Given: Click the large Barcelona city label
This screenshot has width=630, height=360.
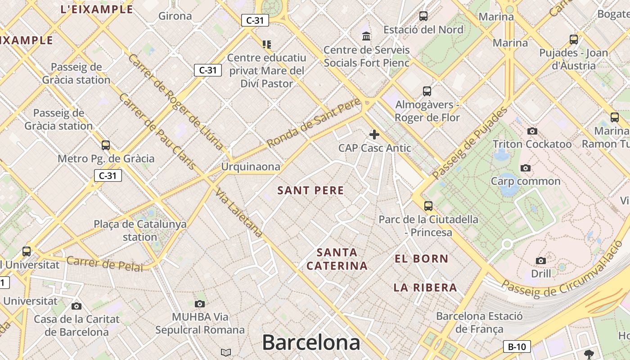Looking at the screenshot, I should click(x=311, y=342).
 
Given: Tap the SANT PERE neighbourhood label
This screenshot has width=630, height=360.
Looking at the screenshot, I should click(x=310, y=190).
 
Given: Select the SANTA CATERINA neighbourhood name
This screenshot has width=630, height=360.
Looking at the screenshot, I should click(x=337, y=259).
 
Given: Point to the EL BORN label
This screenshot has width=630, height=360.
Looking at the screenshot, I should click(x=421, y=259).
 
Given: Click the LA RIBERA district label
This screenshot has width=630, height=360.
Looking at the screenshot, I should click(x=425, y=288).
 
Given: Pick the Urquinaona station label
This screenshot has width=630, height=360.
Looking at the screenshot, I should click(x=250, y=167).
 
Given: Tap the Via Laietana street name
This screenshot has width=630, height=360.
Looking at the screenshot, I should click(x=238, y=212).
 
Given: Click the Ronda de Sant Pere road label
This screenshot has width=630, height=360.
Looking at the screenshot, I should click(x=314, y=122).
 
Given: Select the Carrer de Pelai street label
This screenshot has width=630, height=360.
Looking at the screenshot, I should click(x=104, y=264).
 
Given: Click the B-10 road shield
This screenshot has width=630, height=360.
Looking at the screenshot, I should click(x=517, y=346).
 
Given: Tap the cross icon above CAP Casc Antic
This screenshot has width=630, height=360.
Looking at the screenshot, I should click(x=374, y=135).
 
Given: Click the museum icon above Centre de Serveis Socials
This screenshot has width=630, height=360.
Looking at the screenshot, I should click(x=366, y=36).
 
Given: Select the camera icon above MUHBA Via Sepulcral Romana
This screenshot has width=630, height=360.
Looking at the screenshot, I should click(x=200, y=304).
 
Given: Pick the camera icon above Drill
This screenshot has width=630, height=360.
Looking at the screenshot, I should click(x=541, y=261).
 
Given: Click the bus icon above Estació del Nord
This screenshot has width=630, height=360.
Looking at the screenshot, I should click(x=423, y=16).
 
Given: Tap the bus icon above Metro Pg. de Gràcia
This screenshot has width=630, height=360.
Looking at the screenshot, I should click(x=106, y=145).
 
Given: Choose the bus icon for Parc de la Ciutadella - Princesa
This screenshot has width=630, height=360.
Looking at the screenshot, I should click(x=428, y=206).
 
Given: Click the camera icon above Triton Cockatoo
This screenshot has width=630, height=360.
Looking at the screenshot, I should click(x=532, y=131).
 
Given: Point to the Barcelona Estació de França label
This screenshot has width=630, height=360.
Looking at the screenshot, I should click(x=479, y=322).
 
